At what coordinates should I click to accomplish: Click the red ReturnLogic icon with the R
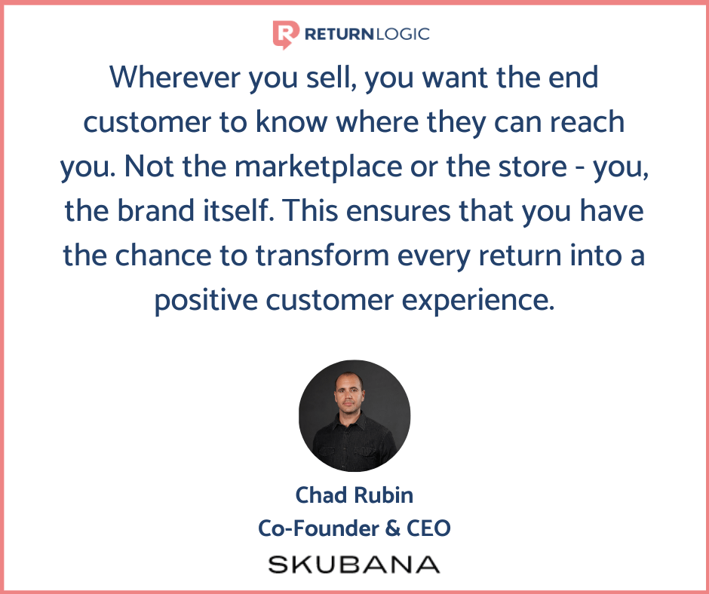(x=285, y=35)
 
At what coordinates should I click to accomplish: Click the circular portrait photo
(x=354, y=416)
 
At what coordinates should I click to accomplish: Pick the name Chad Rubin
(x=354, y=495)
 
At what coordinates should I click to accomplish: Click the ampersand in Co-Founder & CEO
(x=391, y=528)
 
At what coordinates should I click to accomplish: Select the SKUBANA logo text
(x=354, y=565)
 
